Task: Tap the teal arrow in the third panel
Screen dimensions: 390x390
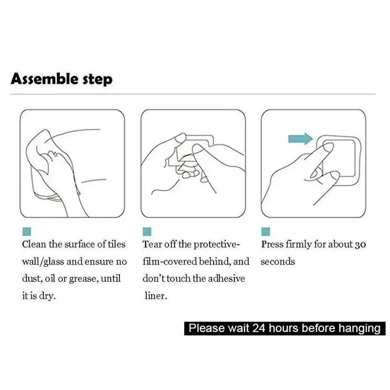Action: click(x=301, y=139)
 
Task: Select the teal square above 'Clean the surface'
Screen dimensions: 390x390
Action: click(x=26, y=232)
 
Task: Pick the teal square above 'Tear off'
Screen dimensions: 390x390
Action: click(x=147, y=232)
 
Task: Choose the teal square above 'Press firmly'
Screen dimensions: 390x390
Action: click(x=266, y=232)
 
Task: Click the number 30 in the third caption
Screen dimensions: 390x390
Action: click(x=360, y=245)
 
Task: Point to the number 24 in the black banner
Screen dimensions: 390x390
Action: click(x=259, y=328)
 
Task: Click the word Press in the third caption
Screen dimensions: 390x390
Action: click(x=272, y=244)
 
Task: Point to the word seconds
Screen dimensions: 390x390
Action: click(x=278, y=262)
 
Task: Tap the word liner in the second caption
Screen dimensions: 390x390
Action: click(x=156, y=296)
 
